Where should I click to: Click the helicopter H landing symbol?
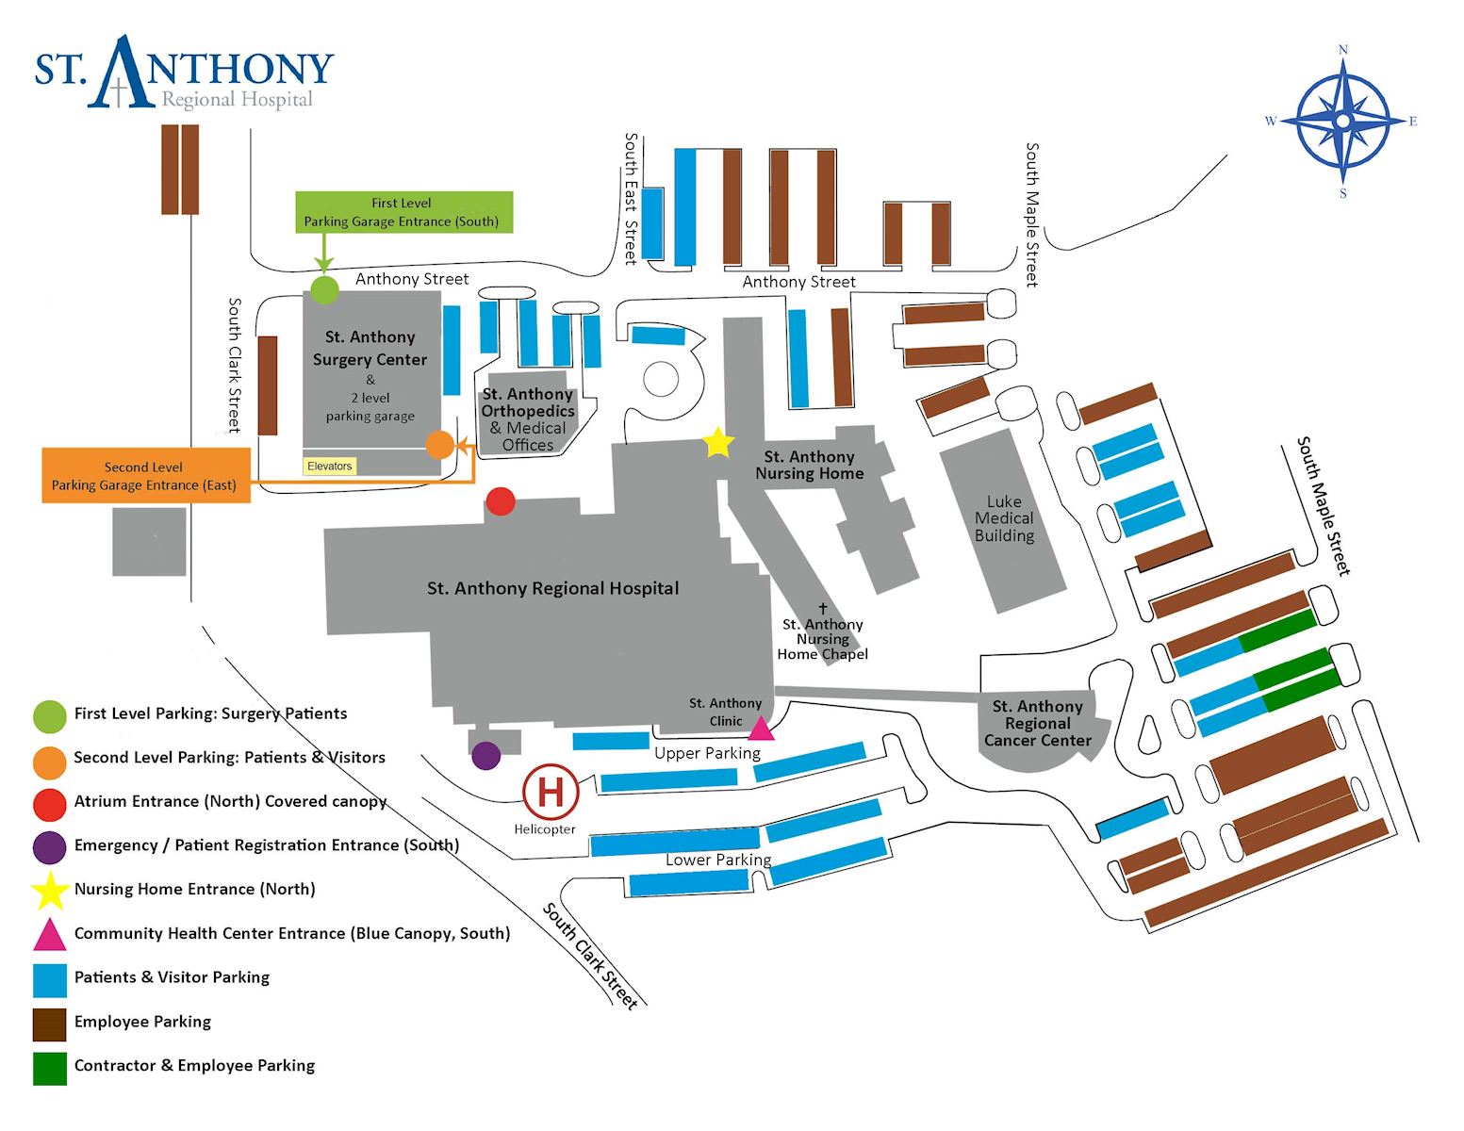tap(550, 792)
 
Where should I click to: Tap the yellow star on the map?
tap(718, 442)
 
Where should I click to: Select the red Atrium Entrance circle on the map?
tap(500, 501)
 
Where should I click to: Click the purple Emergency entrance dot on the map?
tap(485, 755)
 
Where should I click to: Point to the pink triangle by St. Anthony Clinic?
tap(761, 729)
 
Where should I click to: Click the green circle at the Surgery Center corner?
tap(324, 289)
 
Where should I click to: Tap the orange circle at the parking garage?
tap(440, 444)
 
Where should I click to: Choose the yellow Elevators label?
tap(330, 466)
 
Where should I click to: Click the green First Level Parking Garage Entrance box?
tap(403, 212)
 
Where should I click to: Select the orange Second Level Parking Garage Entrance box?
tap(146, 476)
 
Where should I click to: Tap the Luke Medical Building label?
tap(1004, 518)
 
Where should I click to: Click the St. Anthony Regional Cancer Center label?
tap(1037, 723)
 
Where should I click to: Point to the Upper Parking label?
tap(707, 753)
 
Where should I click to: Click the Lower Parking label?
tap(718, 860)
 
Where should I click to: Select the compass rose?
tap(1342, 121)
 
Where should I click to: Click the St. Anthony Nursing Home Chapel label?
tap(823, 638)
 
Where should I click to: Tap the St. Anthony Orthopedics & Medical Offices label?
tap(528, 419)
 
